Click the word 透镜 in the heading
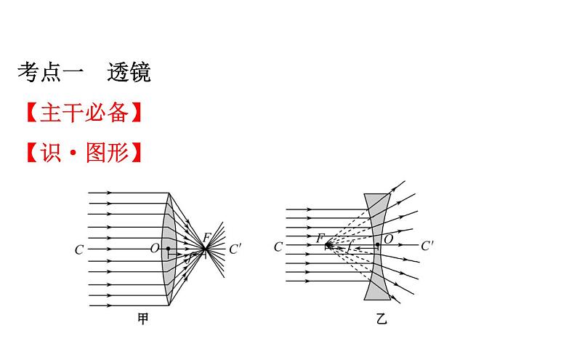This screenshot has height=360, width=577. pyautogui.click(x=129, y=72)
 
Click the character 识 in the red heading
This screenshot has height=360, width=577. pyautogui.click(x=51, y=153)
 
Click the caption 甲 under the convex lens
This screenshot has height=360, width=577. pyautogui.click(x=143, y=318)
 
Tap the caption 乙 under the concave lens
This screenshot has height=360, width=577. pyautogui.click(x=382, y=318)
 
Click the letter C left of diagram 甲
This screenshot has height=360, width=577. pyautogui.click(x=79, y=249)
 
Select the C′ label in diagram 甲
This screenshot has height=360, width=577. pyautogui.click(x=235, y=249)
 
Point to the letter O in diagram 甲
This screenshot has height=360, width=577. pyautogui.click(x=154, y=249)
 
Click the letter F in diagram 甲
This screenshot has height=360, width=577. pyautogui.click(x=207, y=237)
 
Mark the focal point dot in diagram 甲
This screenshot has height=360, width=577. pyautogui.click(x=206, y=249)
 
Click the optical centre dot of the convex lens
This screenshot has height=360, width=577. pyautogui.click(x=168, y=249)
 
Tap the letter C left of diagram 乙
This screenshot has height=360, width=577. pyautogui.click(x=278, y=247)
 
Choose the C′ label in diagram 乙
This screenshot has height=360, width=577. pyautogui.click(x=428, y=246)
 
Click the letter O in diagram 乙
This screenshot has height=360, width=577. pyautogui.click(x=388, y=239)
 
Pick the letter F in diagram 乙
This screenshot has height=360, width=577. pyautogui.click(x=320, y=237)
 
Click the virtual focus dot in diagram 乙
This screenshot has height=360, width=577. pyautogui.click(x=329, y=246)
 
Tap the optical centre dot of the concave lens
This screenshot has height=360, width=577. pyautogui.click(x=379, y=246)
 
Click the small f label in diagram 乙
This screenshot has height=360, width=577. pyautogui.click(x=350, y=249)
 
